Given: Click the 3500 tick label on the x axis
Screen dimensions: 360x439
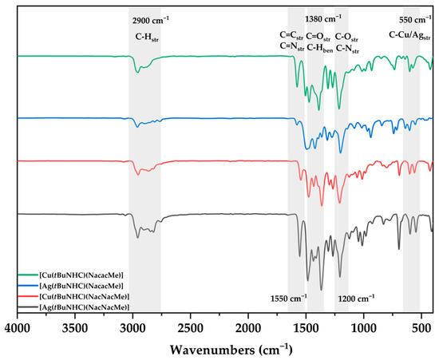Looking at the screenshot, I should tap(74, 327).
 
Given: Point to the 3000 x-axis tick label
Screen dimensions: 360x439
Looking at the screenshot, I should tap(132, 327).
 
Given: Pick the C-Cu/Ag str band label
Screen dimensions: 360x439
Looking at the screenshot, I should tap(409, 35).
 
